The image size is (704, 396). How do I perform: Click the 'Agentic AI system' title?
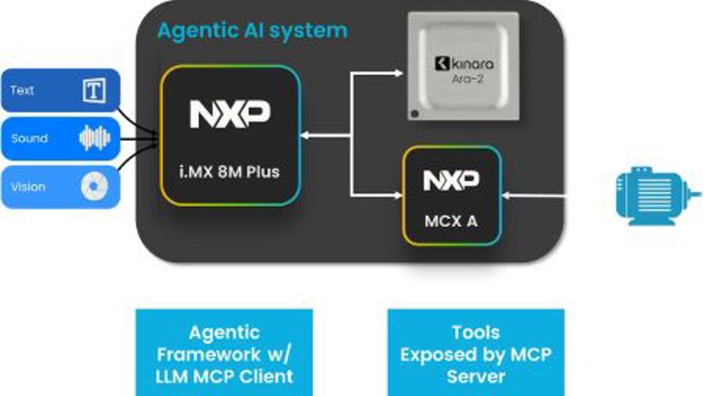(x=252, y=31)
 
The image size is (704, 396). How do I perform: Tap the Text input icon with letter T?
(x=94, y=91)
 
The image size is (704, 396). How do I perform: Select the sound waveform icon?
(x=94, y=138)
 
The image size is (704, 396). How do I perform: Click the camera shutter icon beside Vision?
(x=94, y=187)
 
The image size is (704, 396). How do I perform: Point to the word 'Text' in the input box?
(x=22, y=91)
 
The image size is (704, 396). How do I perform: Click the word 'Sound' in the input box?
(x=30, y=138)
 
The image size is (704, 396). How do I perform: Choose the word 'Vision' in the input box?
(x=28, y=187)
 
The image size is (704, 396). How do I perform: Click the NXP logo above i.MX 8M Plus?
(x=230, y=114)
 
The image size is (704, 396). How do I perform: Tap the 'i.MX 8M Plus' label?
(x=230, y=171)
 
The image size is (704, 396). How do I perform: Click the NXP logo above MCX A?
(x=451, y=181)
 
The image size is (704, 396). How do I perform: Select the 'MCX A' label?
(x=451, y=220)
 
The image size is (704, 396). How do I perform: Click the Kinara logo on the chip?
(x=464, y=64)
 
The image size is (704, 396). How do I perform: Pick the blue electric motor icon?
(x=656, y=194)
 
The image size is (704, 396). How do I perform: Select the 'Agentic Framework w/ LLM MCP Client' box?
(x=224, y=354)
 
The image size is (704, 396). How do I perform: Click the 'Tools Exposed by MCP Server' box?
(x=476, y=354)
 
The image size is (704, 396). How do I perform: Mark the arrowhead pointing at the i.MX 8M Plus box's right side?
(x=306, y=134)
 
